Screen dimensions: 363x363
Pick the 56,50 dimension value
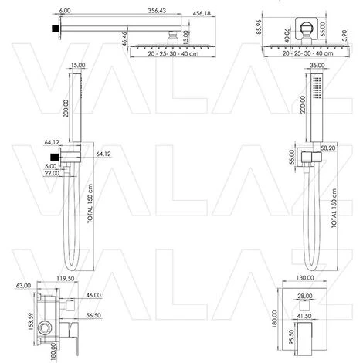(93, 316)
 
